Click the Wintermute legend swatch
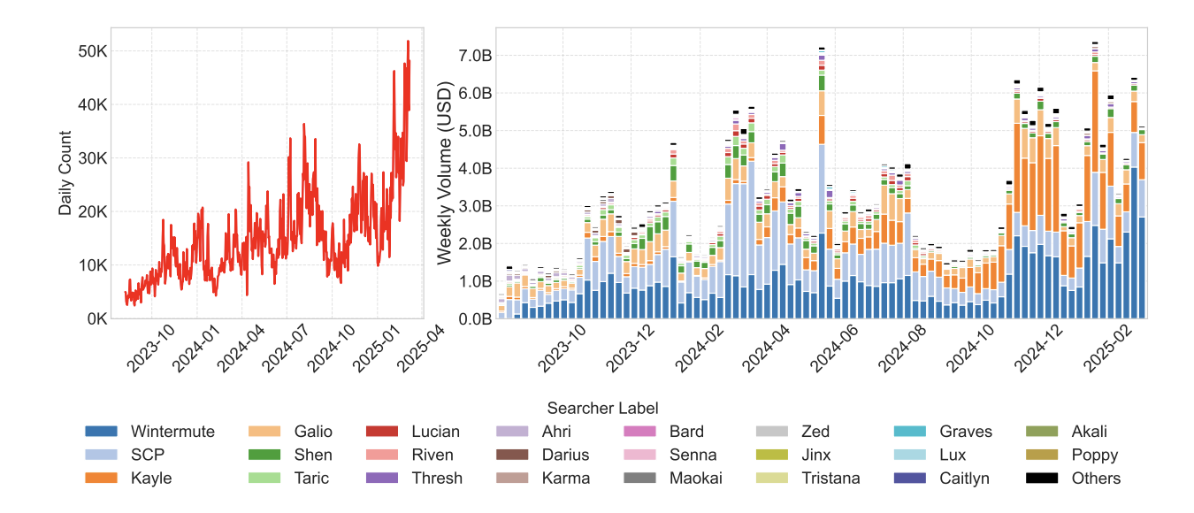tap(102, 433)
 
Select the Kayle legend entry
tap(151, 479)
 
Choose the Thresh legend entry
tap(437, 479)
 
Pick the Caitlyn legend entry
tap(965, 479)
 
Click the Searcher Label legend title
tap(602, 409)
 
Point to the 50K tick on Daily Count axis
tap(89, 51)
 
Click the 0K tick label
tap(93, 318)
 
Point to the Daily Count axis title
tap(65, 173)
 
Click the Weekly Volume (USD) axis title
tap(445, 173)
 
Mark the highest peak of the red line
tap(408, 41)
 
